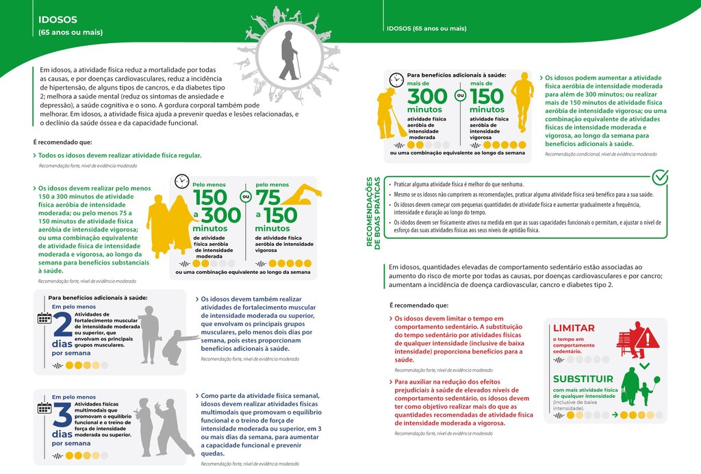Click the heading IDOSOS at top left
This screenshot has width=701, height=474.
[x=58, y=20]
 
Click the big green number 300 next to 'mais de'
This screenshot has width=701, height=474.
[x=426, y=97]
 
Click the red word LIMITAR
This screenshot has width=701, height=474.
[x=574, y=328]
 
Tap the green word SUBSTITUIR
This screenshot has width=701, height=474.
[x=583, y=379]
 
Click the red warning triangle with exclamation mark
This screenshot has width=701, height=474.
[x=647, y=338]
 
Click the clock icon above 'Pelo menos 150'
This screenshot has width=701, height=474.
[x=181, y=182]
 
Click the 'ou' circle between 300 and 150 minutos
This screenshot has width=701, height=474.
[x=461, y=97]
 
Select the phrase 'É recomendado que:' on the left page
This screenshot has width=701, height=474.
[x=62, y=142]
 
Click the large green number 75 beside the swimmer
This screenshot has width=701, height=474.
[x=268, y=198]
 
